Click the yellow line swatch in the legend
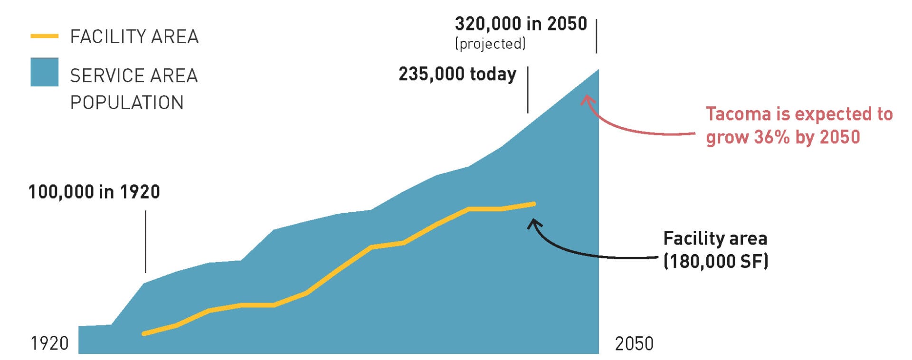44,36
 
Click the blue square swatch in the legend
44,72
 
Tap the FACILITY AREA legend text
134,37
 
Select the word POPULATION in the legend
127,103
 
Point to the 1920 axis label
49,343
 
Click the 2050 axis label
634,343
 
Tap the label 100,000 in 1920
94,192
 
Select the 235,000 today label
457,74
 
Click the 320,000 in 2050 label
521,24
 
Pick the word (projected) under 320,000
490,44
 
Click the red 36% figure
771,137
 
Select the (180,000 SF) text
715,261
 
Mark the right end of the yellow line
534,204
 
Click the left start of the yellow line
144,333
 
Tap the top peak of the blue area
598,70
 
